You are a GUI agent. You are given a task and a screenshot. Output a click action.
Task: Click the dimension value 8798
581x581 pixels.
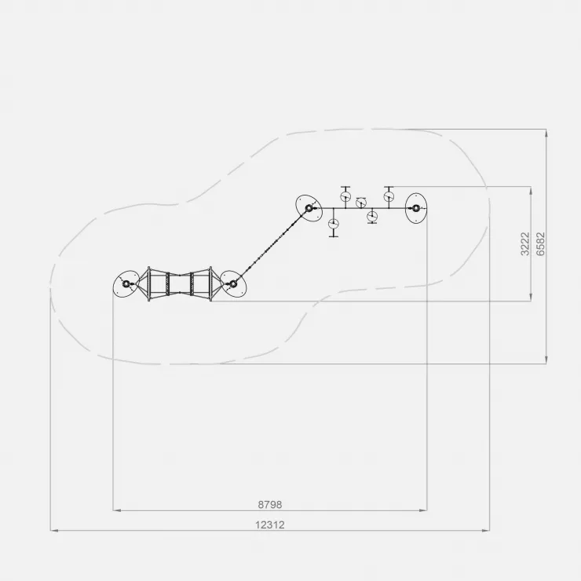coord(270,505)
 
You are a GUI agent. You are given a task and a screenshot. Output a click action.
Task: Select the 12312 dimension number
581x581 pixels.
coord(270,525)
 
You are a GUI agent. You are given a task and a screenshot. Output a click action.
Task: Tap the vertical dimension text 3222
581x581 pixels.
coord(525,244)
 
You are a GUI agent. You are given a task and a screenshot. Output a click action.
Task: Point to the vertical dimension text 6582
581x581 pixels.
coord(541,244)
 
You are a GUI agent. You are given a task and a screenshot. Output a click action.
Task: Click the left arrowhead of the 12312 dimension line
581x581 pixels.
coord(54,531)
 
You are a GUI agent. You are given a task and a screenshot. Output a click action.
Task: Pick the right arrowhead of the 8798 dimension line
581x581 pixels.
coord(422,510)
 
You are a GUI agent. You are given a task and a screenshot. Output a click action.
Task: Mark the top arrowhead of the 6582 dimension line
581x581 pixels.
coord(546,133)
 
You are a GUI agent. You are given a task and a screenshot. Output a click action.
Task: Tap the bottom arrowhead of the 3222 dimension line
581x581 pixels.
coord(531,297)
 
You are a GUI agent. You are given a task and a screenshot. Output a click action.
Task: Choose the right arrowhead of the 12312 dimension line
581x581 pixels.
coord(485,531)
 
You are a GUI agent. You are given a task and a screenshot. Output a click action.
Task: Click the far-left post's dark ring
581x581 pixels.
coord(126,284)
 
